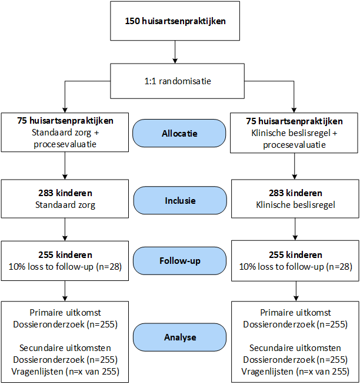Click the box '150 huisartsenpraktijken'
point(175,21)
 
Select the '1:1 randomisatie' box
point(177,81)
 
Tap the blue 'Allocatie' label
point(179,133)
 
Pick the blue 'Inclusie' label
point(180,200)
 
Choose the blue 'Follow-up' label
point(180,260)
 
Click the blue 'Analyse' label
point(180,337)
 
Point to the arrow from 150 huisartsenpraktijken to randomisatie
point(175,52)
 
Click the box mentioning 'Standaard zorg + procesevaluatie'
point(65,133)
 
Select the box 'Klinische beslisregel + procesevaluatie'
point(294,133)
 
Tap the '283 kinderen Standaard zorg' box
point(65,198)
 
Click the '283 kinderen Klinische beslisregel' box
point(295,198)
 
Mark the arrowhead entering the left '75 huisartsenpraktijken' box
point(65,110)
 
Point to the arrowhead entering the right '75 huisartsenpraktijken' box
point(294,110)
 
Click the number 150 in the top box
point(132,21)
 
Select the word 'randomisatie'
point(185,81)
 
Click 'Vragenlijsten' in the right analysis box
point(267,372)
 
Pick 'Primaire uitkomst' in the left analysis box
point(65,313)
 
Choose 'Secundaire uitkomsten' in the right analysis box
point(295,347)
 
